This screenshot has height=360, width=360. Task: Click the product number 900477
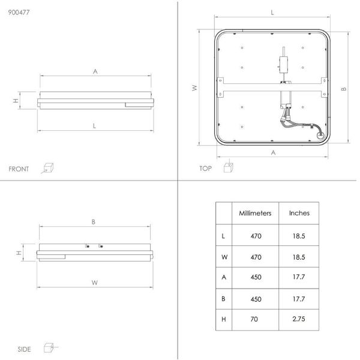tap(19, 12)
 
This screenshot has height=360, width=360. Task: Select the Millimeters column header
tap(255, 213)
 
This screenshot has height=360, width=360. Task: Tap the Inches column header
tap(299, 213)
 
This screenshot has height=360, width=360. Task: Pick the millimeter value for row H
tap(254, 319)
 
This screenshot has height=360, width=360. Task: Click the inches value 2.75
tap(299, 319)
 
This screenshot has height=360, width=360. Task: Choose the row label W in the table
tap(224, 257)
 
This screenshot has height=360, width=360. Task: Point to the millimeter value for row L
tap(256, 236)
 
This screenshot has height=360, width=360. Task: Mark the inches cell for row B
tap(299, 299)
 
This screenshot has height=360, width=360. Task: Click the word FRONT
tap(19, 169)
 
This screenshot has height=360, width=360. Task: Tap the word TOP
tap(205, 169)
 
